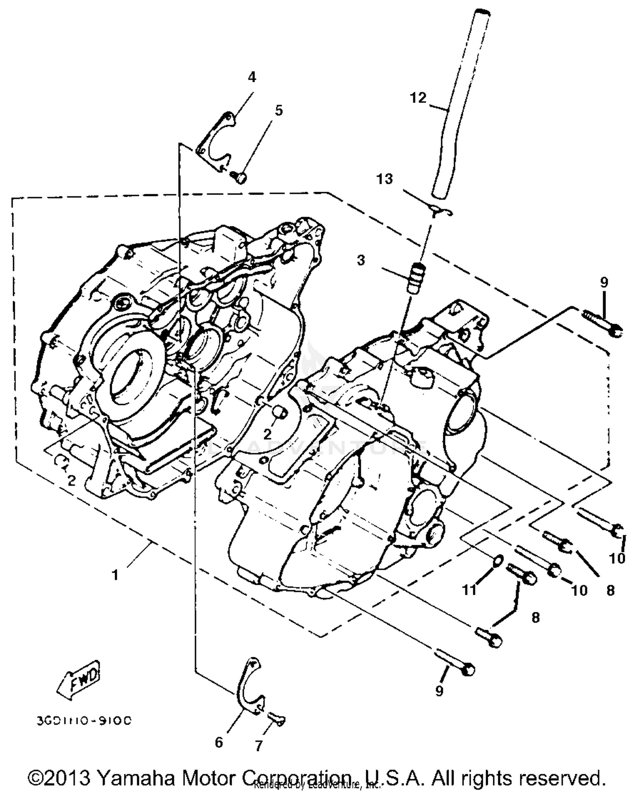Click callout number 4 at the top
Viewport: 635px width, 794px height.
(252, 77)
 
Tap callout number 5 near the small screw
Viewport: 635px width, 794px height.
(278, 110)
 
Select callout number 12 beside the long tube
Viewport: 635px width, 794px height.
(418, 98)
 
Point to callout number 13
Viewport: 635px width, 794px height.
(384, 179)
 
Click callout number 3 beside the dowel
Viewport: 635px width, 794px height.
(361, 260)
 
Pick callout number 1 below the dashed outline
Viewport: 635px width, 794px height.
(115, 575)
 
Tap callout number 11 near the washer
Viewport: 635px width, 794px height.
(469, 590)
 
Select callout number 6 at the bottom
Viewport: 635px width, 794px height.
(218, 742)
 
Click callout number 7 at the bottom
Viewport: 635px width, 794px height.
(259, 745)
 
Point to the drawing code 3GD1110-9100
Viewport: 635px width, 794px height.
(84, 720)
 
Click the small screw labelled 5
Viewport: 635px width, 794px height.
(240, 177)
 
